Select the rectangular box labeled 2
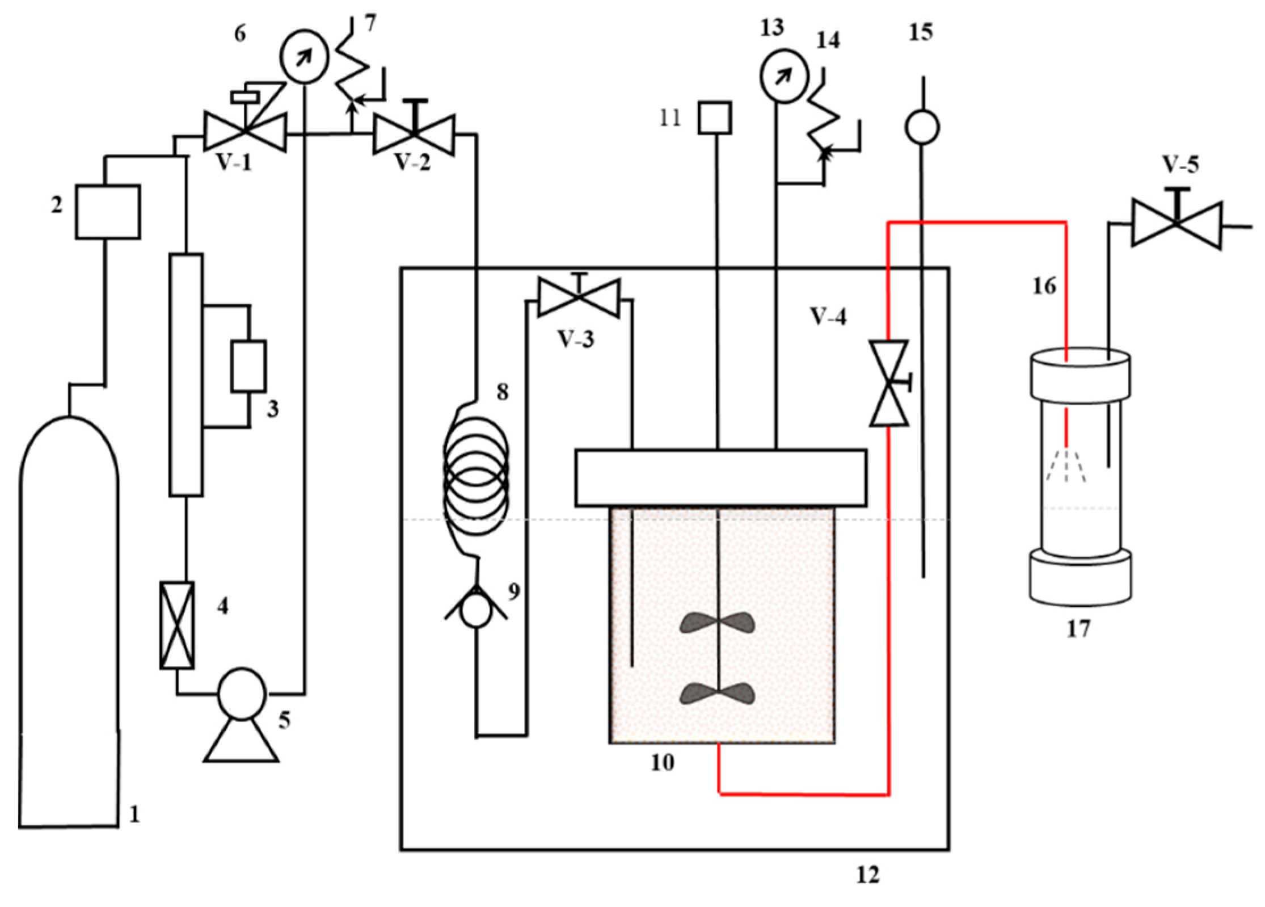[108, 211]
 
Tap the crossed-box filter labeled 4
[176, 625]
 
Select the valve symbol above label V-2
[414, 134]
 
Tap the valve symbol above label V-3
[579, 298]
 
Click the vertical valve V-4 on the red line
[889, 383]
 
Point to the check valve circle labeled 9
[477, 612]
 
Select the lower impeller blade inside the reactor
[718, 693]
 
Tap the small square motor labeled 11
[715, 118]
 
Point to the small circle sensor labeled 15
[921, 127]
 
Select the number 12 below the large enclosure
[867, 875]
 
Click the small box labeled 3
[248, 366]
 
